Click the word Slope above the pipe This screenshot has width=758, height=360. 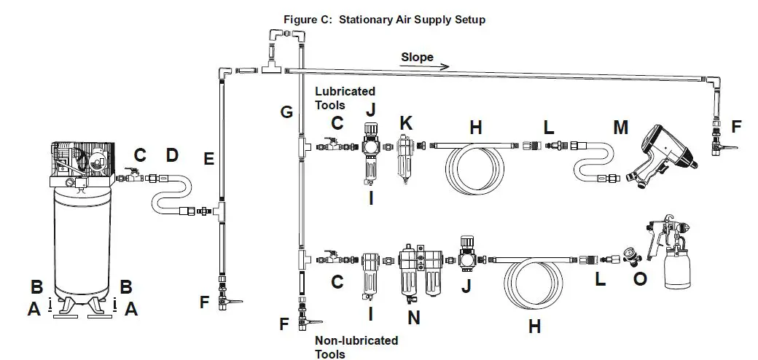pyautogui.click(x=417, y=57)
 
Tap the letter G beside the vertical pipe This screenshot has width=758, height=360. pyautogui.click(x=286, y=112)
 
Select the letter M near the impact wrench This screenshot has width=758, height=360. pyautogui.click(x=620, y=128)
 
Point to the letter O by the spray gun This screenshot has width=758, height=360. pyautogui.click(x=640, y=278)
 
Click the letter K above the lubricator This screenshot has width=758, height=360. pyautogui.click(x=406, y=122)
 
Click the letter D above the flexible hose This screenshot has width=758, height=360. pyautogui.click(x=172, y=155)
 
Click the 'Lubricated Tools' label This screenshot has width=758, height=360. pyautogui.click(x=345, y=98)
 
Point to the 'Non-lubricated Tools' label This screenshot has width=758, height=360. pyautogui.click(x=356, y=347)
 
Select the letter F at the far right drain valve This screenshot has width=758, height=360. pyautogui.click(x=735, y=127)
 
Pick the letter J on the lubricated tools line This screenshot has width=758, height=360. pyautogui.click(x=371, y=110)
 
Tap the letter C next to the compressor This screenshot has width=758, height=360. pyautogui.click(x=140, y=155)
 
